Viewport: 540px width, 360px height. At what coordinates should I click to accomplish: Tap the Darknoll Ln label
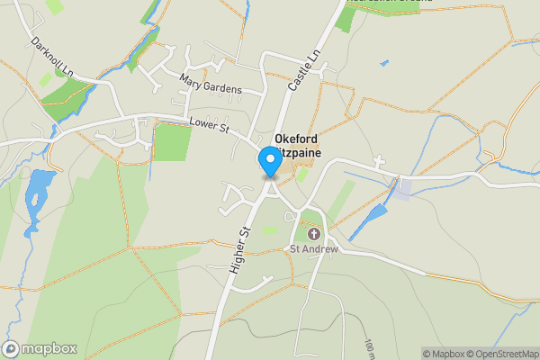pos(50,56)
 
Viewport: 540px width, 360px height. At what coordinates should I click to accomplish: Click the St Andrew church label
pos(313,249)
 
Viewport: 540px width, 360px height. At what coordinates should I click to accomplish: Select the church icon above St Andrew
pos(313,234)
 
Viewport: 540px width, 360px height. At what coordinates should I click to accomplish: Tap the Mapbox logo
pos(40,348)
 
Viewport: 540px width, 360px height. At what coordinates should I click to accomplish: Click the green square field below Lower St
pos(171,141)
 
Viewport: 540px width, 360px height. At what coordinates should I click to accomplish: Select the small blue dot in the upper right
pos(384,63)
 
